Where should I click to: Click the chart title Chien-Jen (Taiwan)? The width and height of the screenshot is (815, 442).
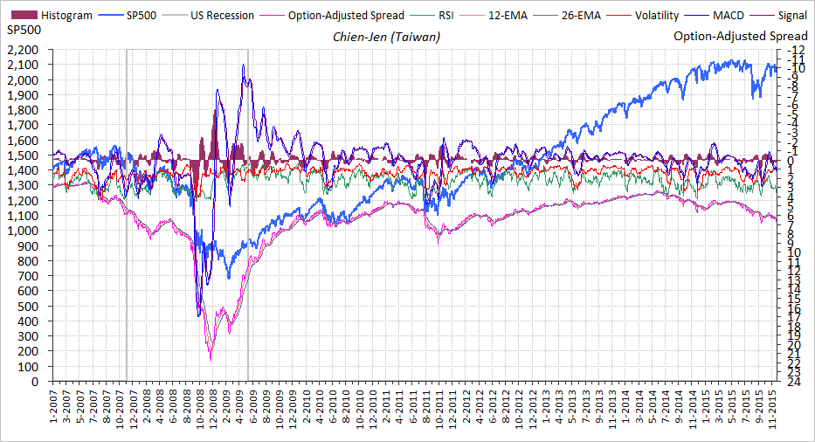[x=387, y=37]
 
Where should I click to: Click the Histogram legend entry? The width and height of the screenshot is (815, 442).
[x=66, y=15]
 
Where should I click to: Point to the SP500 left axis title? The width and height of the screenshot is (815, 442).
[x=23, y=31]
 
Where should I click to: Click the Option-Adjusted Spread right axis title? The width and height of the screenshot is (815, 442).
[x=742, y=37]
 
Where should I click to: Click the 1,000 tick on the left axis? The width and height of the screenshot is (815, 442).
[x=24, y=231]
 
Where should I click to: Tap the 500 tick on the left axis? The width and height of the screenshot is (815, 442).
[x=31, y=306]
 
